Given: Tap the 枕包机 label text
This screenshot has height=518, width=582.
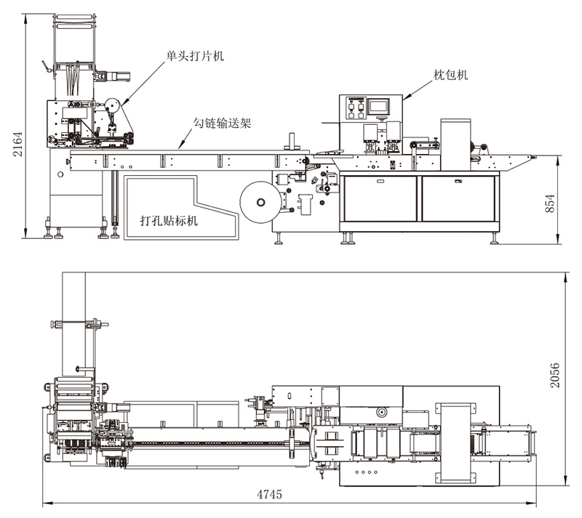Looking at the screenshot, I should coord(451,73).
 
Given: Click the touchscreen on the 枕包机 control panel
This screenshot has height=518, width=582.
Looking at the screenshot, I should coord(379,105).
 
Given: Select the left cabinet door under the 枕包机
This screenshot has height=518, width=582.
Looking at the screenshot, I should coord(380,198).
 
